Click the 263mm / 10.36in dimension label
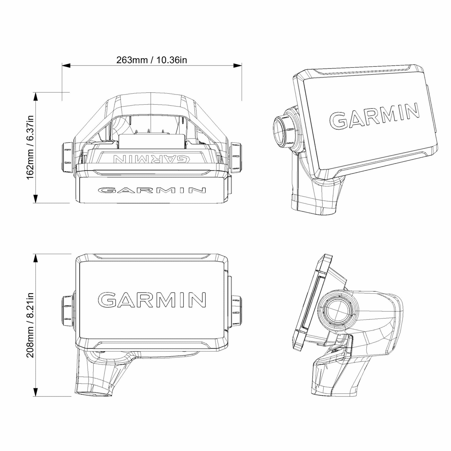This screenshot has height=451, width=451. click(152, 60)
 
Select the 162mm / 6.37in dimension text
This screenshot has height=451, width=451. click(30, 147)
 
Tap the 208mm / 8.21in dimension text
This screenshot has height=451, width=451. click(30, 325)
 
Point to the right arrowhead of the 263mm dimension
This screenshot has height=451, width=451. click(238, 66)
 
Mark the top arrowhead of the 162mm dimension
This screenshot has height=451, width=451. click(36, 96)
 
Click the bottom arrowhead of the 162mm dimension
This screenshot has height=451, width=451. click(36, 199)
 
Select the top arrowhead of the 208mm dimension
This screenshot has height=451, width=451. click(36, 258)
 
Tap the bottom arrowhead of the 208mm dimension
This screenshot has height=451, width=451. click(36, 392)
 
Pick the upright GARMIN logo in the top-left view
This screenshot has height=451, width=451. click(152, 190)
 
